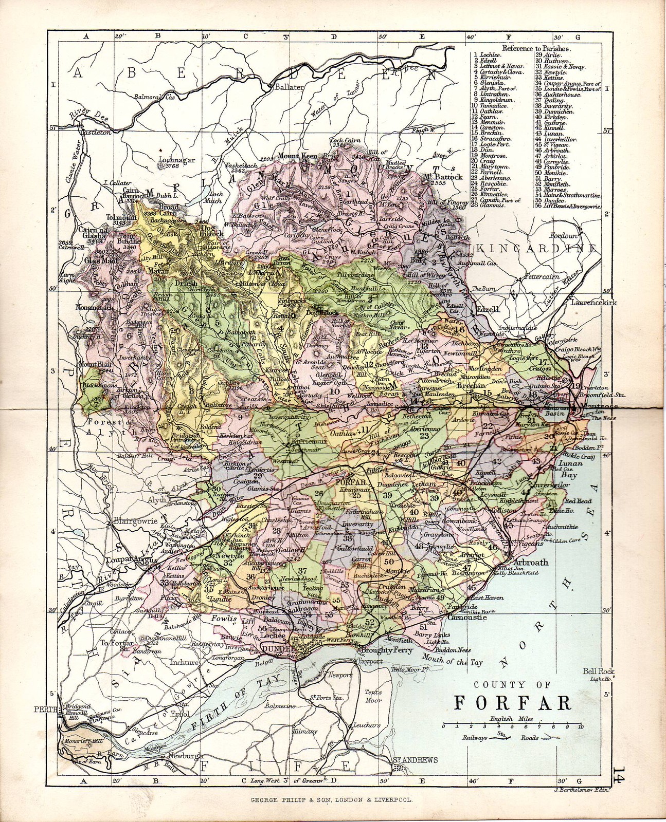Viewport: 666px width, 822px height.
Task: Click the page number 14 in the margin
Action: tap(618, 775)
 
